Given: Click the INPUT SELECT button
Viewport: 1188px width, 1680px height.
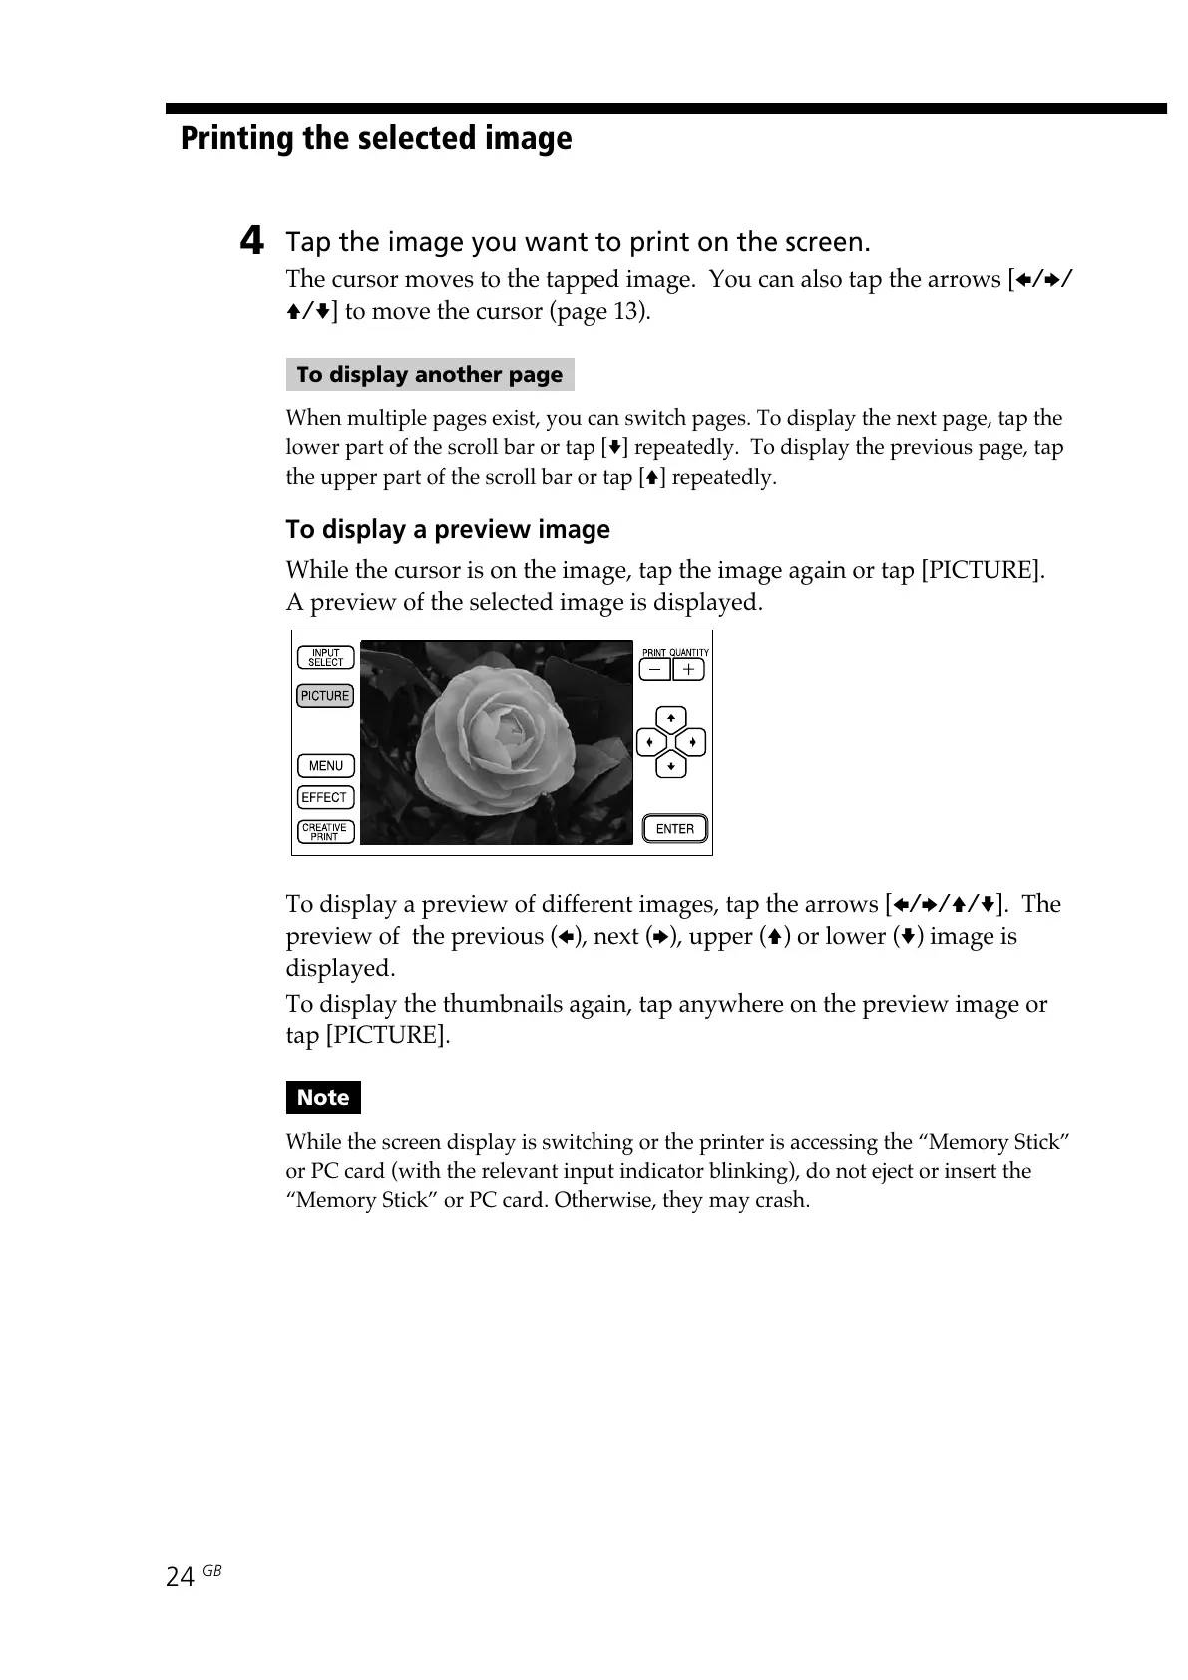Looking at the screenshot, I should point(325,657).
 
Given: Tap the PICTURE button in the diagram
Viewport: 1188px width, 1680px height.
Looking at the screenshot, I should point(325,696).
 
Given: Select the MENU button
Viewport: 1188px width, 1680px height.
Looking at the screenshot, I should point(325,766).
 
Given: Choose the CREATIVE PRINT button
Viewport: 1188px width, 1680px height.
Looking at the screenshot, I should point(325,832).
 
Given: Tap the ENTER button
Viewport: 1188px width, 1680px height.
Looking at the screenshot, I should point(675,829).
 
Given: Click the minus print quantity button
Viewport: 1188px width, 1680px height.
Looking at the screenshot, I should point(654,670).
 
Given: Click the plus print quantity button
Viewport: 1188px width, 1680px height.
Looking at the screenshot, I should point(689,670).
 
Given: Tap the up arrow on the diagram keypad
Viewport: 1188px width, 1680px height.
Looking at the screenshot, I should point(671,719).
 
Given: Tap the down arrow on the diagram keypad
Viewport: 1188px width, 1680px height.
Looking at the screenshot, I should point(671,766).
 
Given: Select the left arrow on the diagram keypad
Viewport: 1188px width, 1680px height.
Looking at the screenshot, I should point(649,743).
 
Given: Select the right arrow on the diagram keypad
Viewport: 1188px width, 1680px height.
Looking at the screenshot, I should point(693,743).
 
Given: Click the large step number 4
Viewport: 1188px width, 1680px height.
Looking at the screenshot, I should point(253,241).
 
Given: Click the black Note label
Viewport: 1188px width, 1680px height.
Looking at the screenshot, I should point(323,1098).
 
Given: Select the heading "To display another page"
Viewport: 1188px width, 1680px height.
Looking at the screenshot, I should point(430,375).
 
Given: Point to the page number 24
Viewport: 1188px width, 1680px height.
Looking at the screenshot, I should point(180,1577).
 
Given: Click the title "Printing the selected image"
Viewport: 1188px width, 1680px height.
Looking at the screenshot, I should point(376,138).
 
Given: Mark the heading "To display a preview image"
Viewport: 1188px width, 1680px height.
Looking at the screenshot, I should point(448,529).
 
